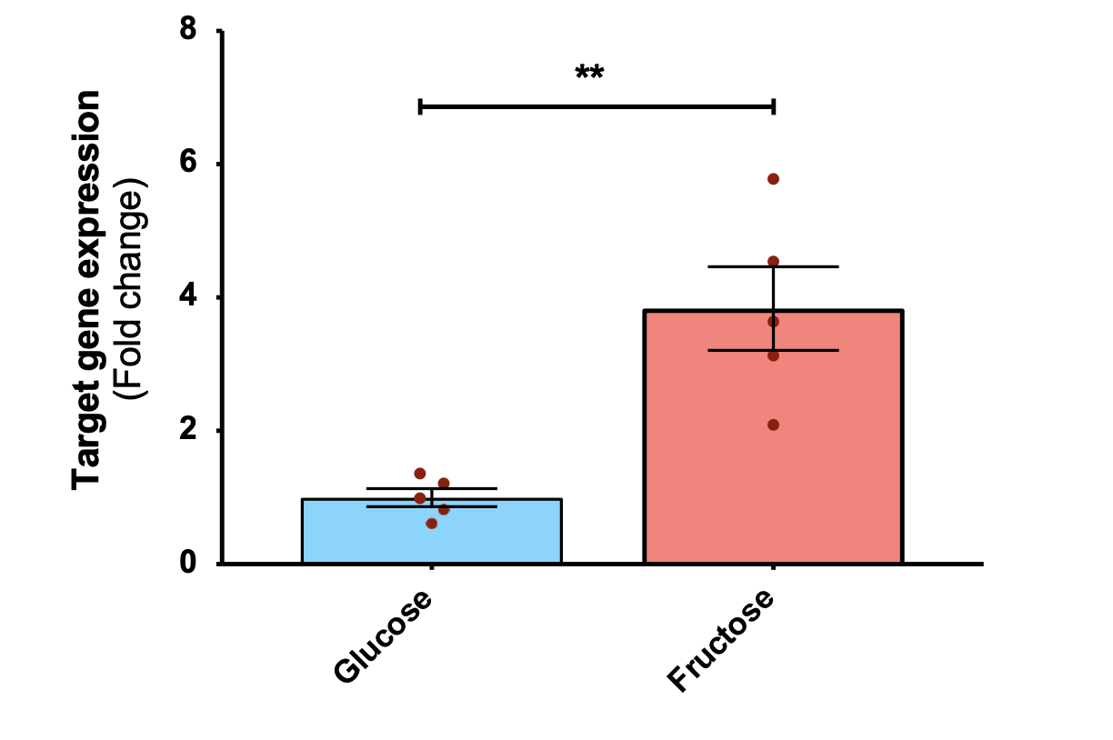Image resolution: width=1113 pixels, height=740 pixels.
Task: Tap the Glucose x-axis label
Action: [382, 636]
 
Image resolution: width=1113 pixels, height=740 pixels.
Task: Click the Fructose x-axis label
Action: [721, 640]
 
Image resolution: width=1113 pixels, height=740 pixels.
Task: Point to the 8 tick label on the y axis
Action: [188, 31]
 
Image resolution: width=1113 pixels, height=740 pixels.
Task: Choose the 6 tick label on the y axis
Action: [188, 165]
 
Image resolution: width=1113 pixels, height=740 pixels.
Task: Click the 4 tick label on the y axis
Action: [188, 297]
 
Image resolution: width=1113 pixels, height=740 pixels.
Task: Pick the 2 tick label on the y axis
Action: [188, 431]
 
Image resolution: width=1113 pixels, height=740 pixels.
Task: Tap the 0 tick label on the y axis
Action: [188, 564]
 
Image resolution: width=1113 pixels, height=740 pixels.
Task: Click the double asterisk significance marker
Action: [589, 73]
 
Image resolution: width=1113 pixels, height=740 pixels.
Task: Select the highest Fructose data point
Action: [773, 179]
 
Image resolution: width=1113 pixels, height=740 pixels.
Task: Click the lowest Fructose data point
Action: [773, 425]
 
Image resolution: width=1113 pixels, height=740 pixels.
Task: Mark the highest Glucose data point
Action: [420, 474]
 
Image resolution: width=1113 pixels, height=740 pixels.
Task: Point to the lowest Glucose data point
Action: [432, 524]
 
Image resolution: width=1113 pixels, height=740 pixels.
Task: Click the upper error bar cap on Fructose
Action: [773, 266]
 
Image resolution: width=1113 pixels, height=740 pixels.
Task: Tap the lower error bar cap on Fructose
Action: [773, 350]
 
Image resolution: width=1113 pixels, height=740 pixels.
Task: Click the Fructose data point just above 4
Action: [773, 262]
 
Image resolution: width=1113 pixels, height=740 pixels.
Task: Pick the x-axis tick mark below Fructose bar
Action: [773, 568]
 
